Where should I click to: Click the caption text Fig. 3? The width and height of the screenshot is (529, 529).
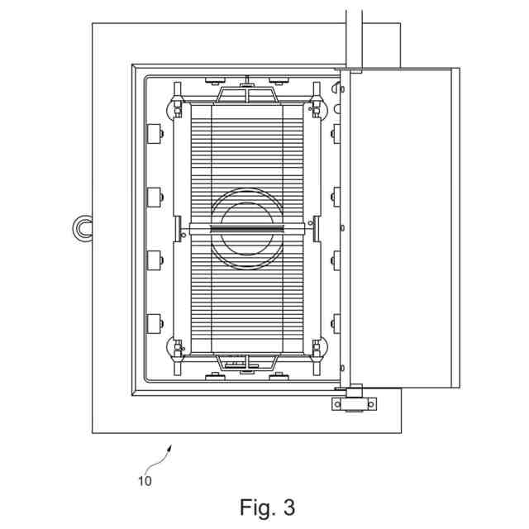(267, 506)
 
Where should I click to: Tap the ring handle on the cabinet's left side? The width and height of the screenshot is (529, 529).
(83, 226)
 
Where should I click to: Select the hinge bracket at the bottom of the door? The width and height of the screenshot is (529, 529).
(353, 403)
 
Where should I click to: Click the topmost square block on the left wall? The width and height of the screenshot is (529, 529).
(153, 133)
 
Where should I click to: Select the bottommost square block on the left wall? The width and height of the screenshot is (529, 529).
(153, 322)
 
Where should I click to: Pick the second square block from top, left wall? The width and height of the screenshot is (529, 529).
(153, 197)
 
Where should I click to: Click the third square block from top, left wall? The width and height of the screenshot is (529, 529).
(153, 260)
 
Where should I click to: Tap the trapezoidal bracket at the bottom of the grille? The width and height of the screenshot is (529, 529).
(245, 361)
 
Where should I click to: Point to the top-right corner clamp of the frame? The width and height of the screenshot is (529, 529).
(316, 108)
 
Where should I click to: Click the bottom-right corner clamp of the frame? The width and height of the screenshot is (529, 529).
(316, 348)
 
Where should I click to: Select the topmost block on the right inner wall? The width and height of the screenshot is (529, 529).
(335, 133)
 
